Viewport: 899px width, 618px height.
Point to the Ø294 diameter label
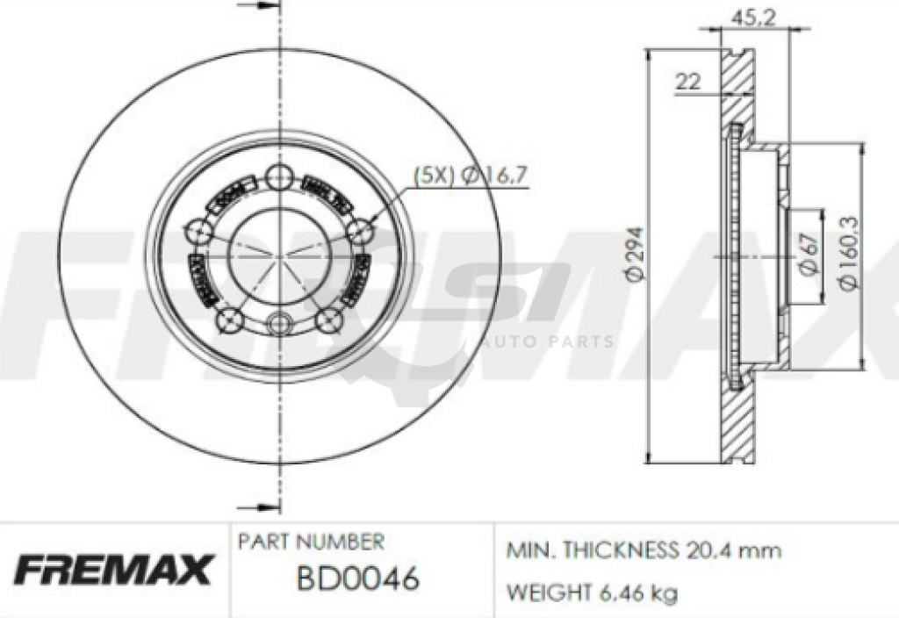pos(636,255)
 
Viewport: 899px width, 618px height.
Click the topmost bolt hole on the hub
pos(280,175)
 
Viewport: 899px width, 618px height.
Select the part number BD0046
pos(356,579)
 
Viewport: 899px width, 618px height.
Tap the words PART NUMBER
pos(311,542)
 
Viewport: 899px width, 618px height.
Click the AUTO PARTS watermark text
pos(545,341)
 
